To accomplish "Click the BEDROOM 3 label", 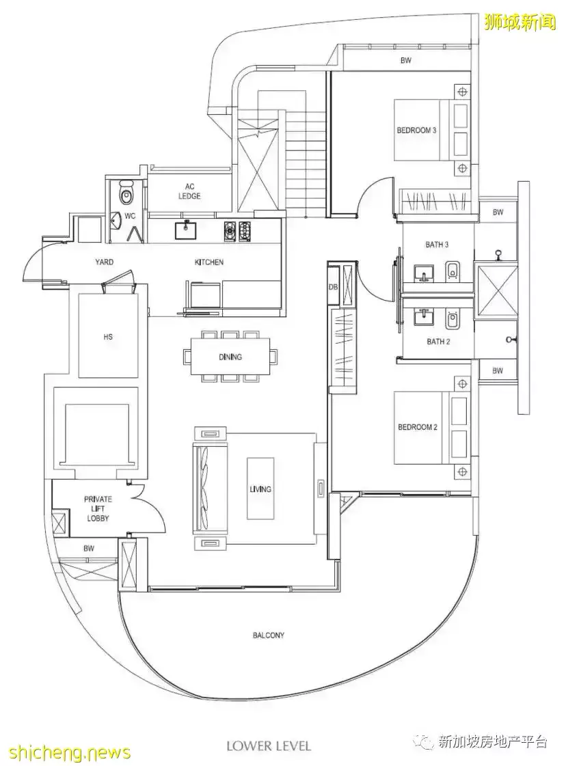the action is (416, 131).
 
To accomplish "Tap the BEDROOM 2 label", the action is (418, 427).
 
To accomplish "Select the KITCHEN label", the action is (208, 262).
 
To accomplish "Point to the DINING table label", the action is (230, 357).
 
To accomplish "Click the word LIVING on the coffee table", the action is (260, 489).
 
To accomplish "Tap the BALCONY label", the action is (269, 635).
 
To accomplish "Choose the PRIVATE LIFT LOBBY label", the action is (98, 508).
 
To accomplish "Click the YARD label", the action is (104, 262).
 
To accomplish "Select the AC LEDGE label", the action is (189, 191).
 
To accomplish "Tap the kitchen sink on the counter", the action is (186, 230).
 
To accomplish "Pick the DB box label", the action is (334, 287).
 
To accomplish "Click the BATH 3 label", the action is (437, 244).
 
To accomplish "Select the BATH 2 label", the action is (438, 342).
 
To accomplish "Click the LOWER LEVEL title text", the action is (269, 746).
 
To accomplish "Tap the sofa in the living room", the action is (204, 489).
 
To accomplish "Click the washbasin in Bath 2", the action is (424, 318).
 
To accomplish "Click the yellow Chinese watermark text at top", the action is (520, 22).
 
